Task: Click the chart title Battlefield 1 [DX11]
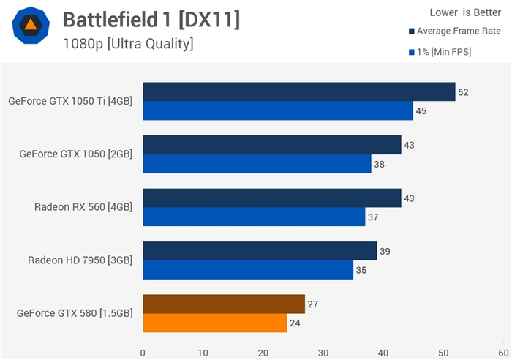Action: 151,20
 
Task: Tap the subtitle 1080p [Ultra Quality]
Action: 128,45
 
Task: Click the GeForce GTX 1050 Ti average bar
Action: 298,91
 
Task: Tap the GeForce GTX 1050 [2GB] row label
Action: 75,154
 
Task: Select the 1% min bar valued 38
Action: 257,164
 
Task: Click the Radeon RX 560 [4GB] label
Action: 83,207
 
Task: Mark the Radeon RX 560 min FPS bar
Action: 254,217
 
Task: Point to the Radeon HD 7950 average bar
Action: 260,251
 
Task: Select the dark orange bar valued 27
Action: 223,304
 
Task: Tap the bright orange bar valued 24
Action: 214,323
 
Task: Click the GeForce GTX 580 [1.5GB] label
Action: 75,313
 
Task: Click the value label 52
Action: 462,92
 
